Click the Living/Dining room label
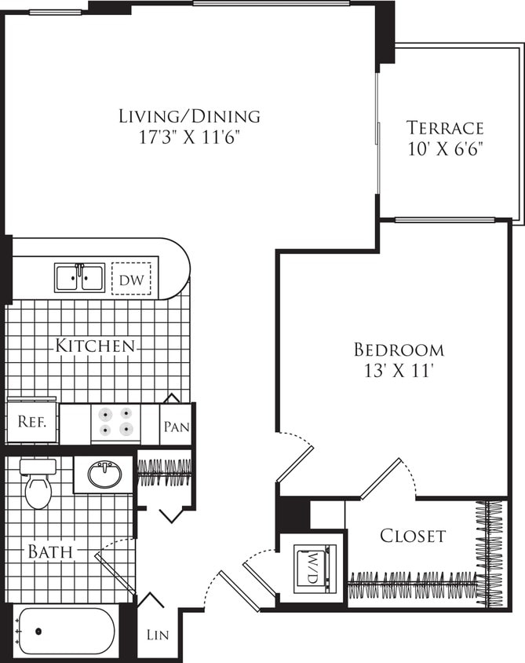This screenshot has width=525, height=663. click(189, 116)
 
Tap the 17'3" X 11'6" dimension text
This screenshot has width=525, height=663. click(189, 137)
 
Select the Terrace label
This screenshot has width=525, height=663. click(445, 127)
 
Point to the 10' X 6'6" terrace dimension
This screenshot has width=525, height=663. click(445, 148)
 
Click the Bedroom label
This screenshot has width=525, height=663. click(399, 350)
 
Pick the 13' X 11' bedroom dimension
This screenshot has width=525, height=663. click(399, 370)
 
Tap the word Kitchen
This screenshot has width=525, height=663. click(95, 346)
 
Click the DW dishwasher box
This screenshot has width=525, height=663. click(131, 278)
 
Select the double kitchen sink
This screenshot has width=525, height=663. click(80, 277)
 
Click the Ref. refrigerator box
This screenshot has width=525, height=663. click(32, 421)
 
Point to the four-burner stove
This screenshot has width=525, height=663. click(115, 421)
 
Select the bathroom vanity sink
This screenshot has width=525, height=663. click(103, 474)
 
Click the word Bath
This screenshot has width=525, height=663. click(50, 552)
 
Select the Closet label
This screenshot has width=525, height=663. click(413, 537)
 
